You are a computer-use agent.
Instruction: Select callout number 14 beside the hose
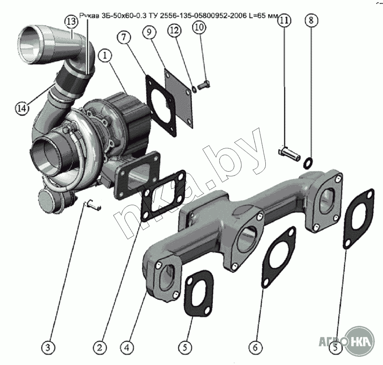[23, 108]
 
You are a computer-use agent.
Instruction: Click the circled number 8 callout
[310, 20]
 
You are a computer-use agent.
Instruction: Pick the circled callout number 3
[48, 347]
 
